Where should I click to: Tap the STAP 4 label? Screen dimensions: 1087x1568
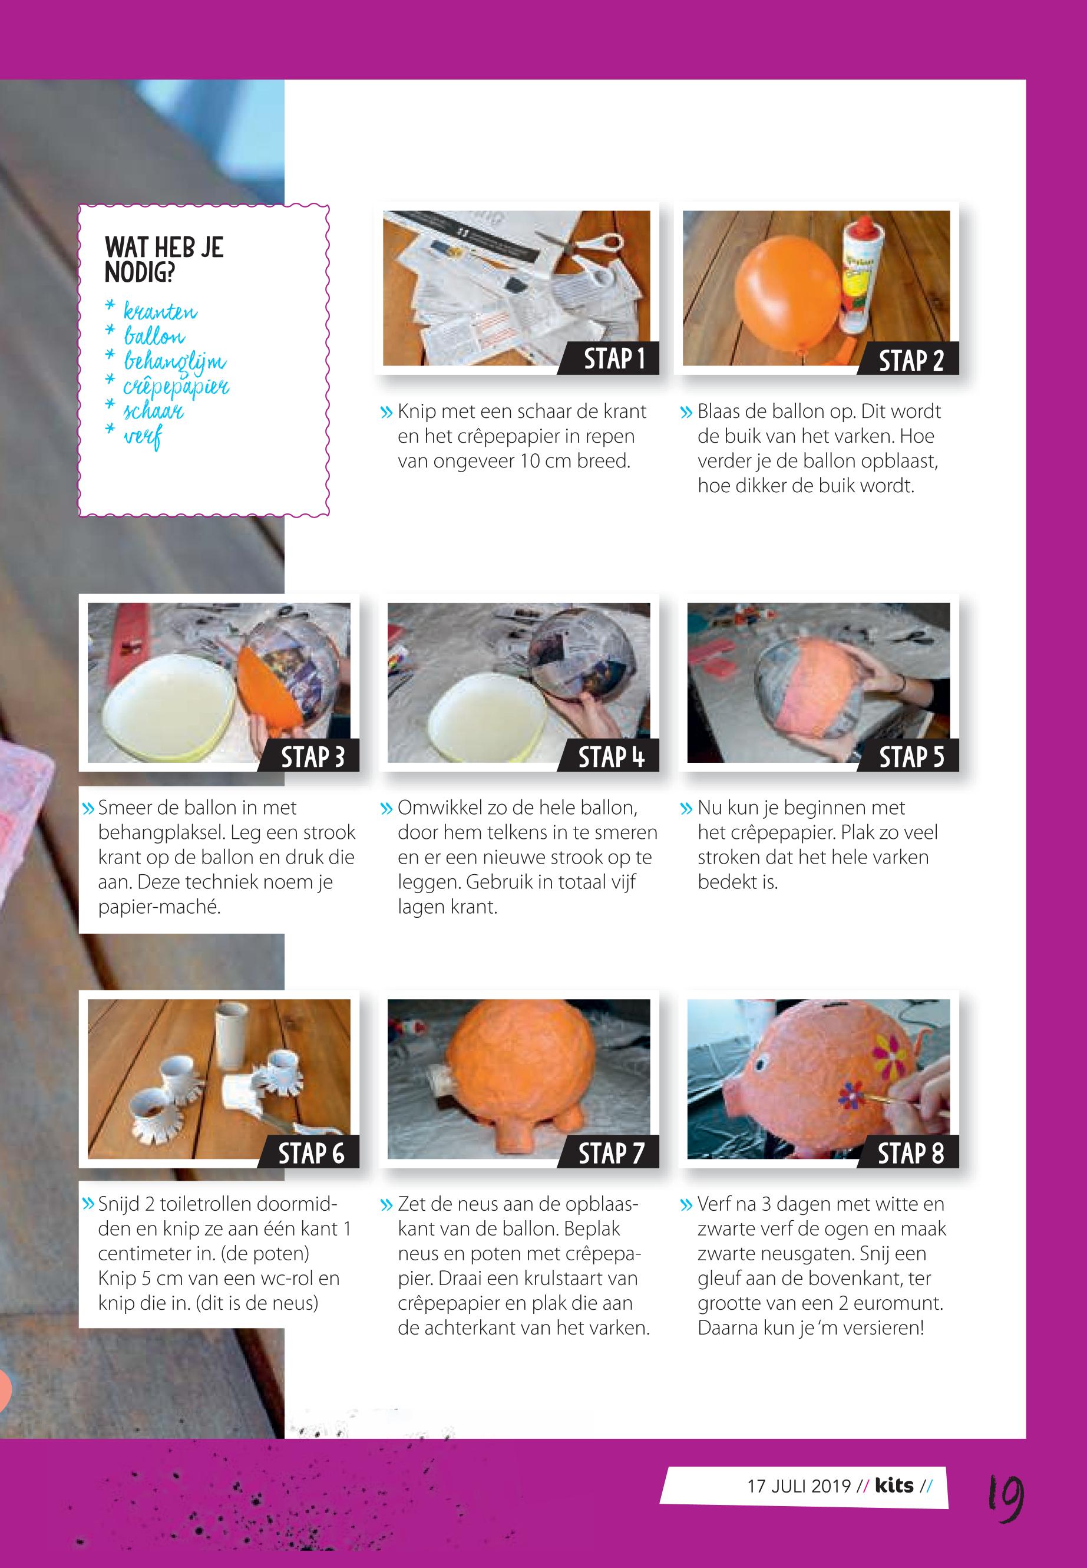coord(611,756)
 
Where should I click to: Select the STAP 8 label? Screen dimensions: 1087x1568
coord(911,1153)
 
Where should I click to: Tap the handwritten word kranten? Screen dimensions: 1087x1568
coord(161,312)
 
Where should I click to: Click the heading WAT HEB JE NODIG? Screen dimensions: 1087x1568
coord(164,259)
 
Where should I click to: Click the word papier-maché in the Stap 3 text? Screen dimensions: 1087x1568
coord(160,908)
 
